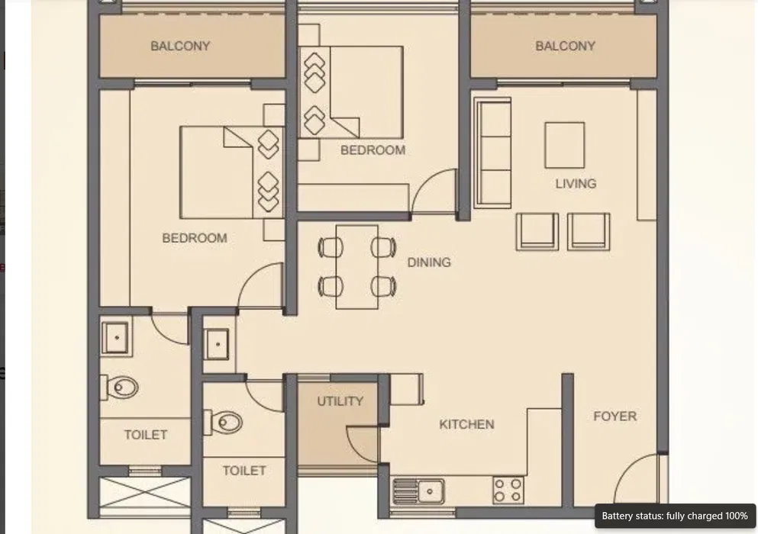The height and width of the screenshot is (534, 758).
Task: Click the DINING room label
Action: coord(429,262)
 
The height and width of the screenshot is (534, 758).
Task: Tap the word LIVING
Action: coord(576,184)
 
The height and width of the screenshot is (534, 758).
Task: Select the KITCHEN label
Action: coord(466,424)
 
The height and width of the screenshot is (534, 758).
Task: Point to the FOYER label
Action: coord(615,416)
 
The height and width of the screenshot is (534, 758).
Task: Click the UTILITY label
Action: coord(340,401)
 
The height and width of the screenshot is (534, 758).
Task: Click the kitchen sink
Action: coord(418,491)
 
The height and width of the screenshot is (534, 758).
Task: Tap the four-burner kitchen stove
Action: coord(508,490)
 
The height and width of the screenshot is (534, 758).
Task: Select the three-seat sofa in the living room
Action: coord(492,153)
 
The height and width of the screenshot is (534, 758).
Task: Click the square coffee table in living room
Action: coord(565,145)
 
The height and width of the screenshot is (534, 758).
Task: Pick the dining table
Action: coord(357,267)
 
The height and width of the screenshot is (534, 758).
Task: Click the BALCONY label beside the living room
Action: coord(565,46)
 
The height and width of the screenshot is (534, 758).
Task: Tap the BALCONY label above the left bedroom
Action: coord(180,46)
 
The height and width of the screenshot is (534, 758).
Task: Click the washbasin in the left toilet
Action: coord(116,338)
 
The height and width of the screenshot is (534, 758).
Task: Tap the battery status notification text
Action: coord(674,516)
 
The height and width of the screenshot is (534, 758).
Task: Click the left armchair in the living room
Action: coord(537,231)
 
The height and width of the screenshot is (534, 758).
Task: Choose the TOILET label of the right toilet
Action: coord(244,471)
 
